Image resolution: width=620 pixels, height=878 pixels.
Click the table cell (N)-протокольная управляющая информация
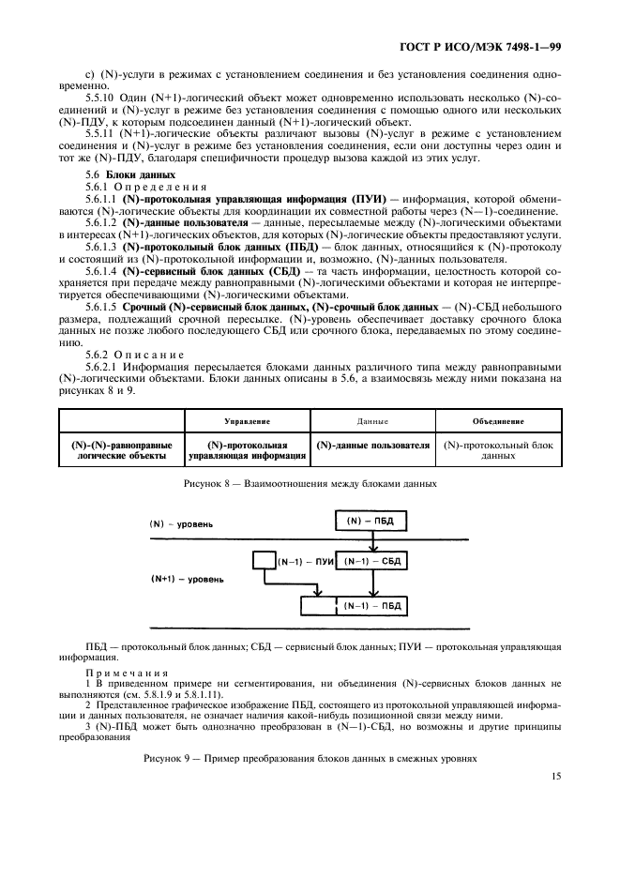click(x=248, y=450)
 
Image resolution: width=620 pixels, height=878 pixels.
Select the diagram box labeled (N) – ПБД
click(x=372, y=520)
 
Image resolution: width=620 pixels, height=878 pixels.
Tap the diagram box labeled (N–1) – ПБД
click(x=372, y=606)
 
